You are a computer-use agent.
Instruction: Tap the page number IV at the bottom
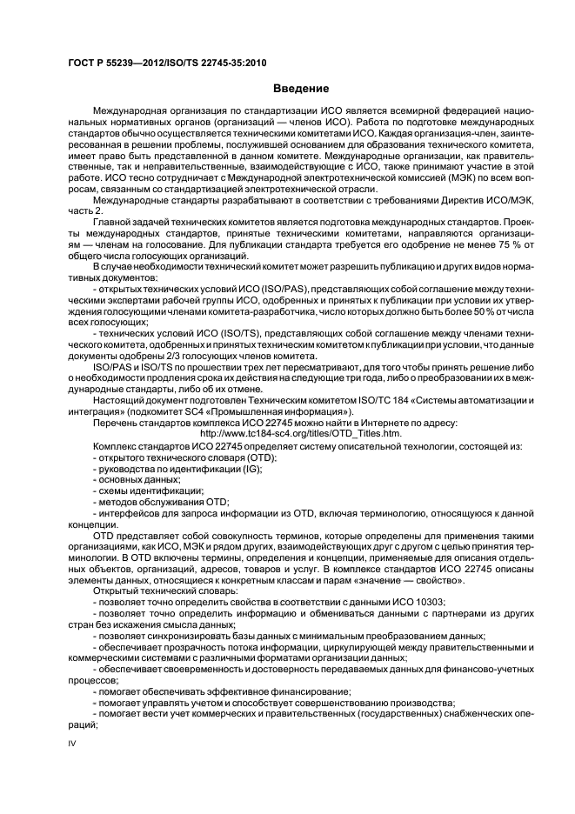(x=73, y=744)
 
